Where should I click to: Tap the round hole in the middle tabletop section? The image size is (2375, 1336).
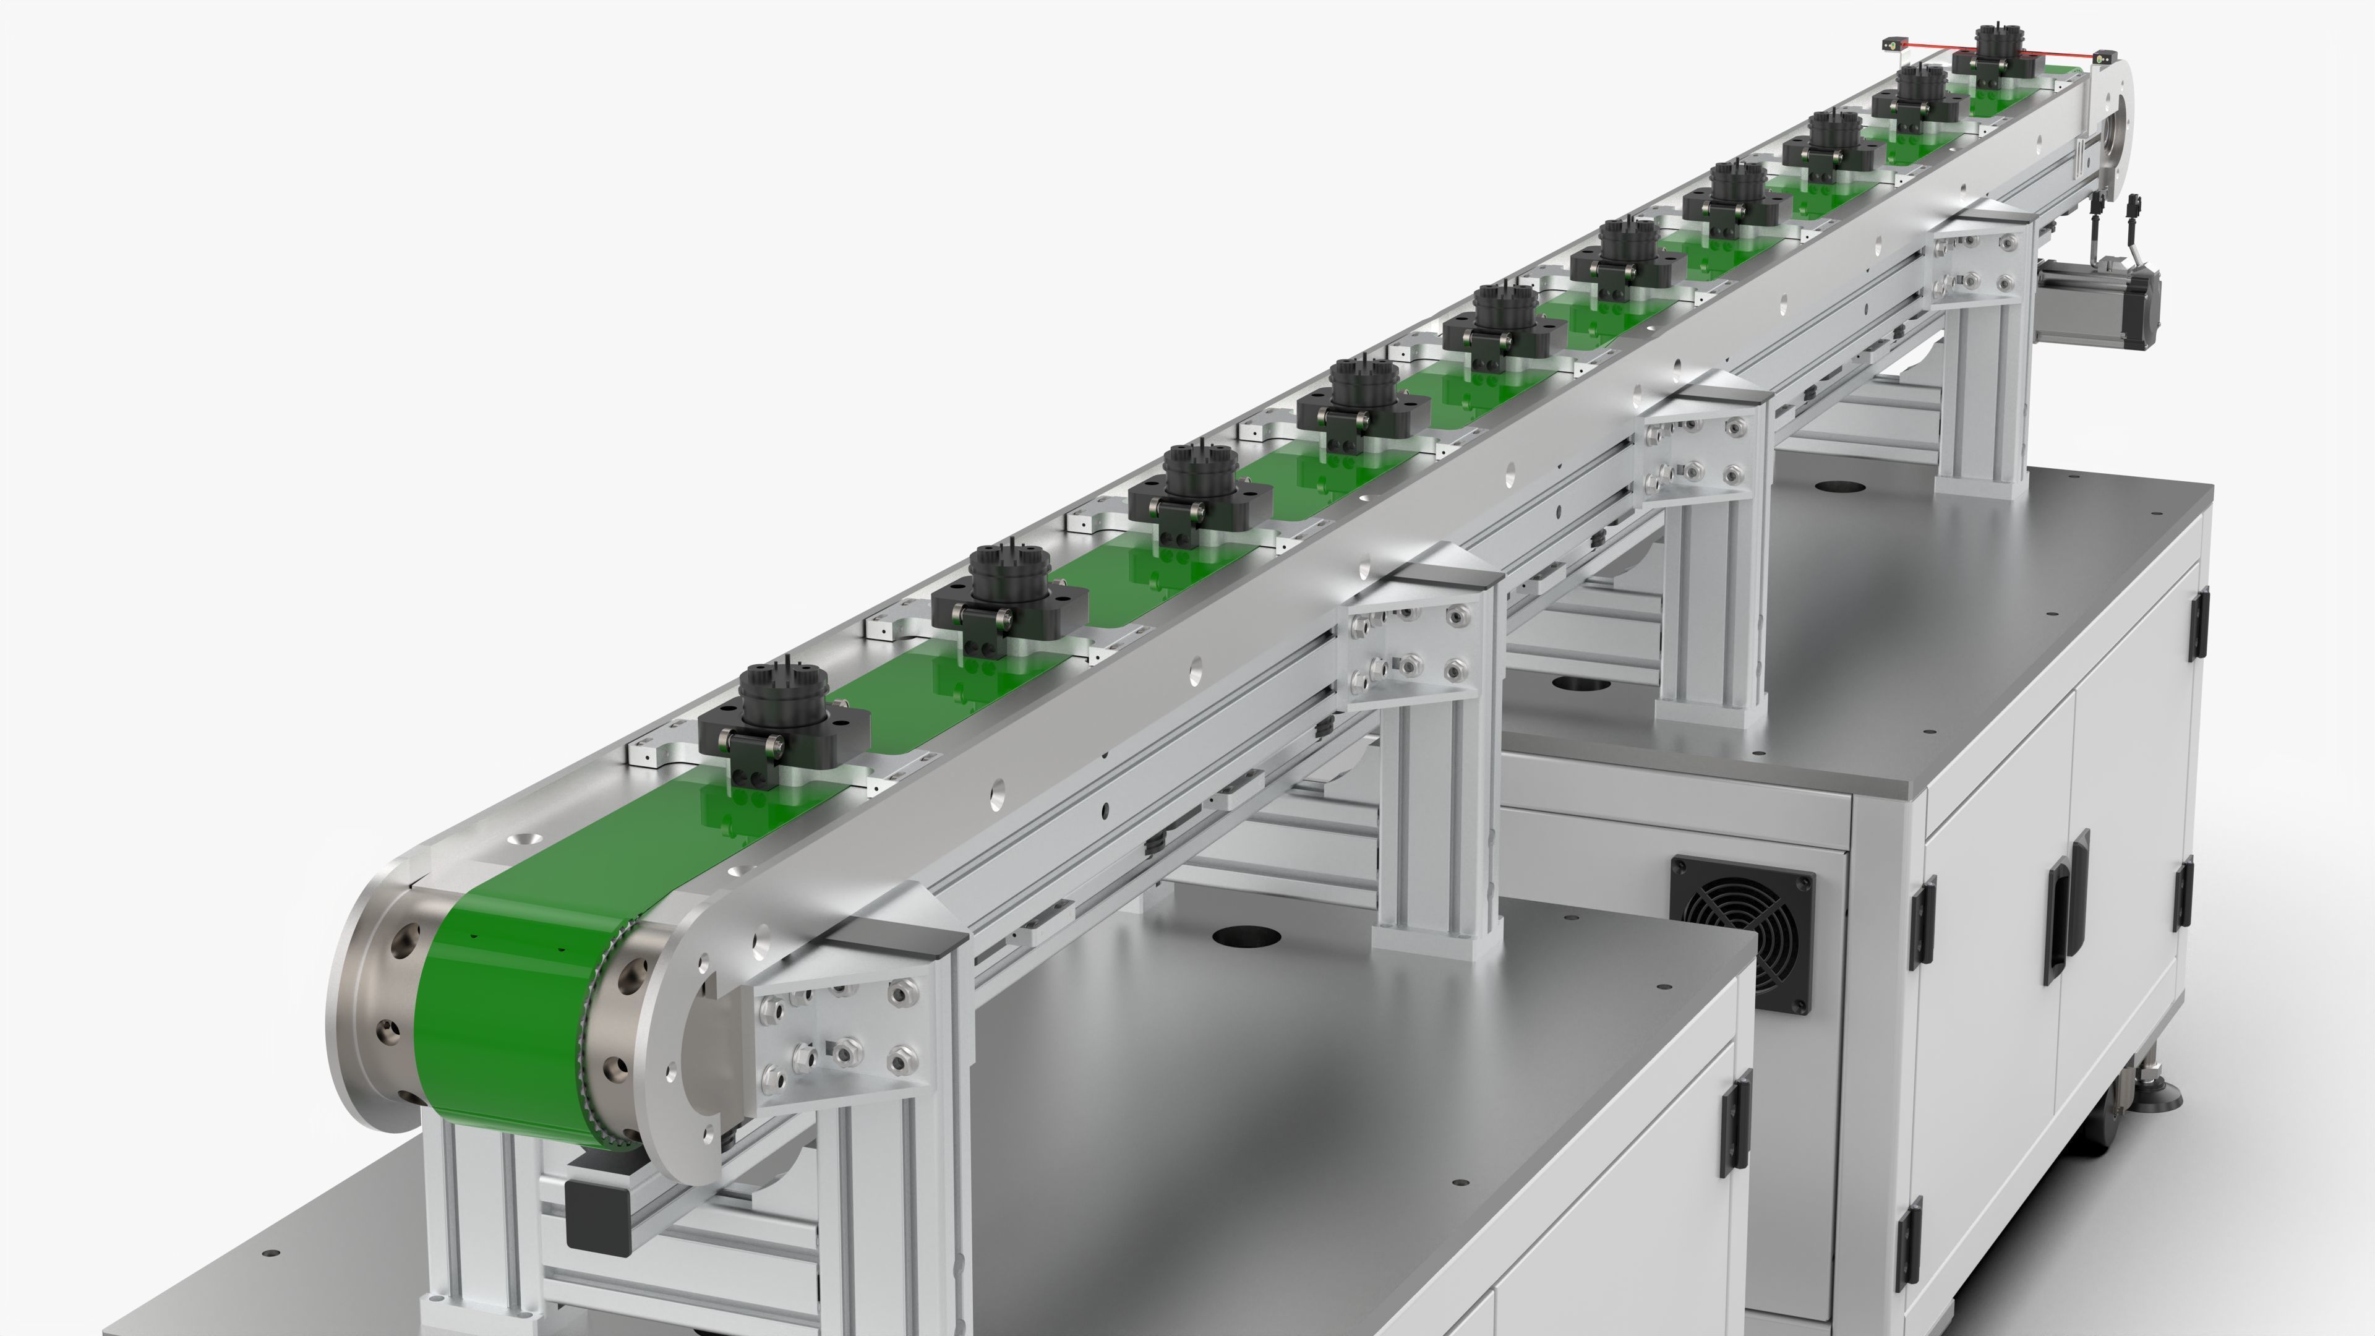1578,684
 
